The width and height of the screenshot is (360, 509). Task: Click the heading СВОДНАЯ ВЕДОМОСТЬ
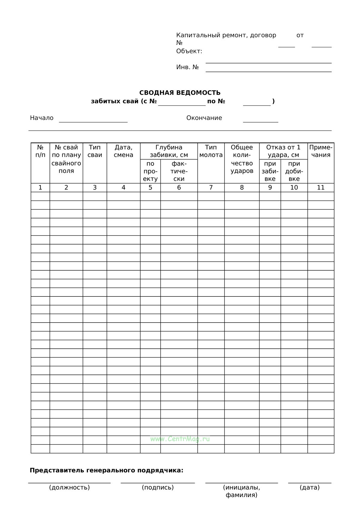point(180,93)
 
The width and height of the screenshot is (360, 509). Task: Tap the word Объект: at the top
point(189,51)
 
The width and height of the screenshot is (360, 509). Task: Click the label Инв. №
point(187,67)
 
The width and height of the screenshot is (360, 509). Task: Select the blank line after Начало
point(93,120)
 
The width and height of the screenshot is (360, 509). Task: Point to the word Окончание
point(204,118)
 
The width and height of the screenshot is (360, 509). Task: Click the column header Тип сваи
point(95,151)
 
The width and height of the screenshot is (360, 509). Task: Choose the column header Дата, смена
point(123,151)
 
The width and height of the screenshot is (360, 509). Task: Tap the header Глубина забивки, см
point(169,151)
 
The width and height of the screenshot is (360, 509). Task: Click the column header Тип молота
point(211,151)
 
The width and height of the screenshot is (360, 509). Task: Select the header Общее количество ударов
point(242,159)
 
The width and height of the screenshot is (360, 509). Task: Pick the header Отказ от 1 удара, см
point(283,151)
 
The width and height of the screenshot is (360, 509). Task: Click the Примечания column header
point(321,151)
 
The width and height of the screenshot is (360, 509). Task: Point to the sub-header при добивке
point(294,171)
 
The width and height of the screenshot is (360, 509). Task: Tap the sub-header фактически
point(179,171)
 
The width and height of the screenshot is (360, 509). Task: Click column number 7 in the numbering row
point(211,187)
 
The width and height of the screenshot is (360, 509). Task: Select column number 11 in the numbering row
point(321,187)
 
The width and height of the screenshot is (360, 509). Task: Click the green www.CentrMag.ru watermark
point(180,439)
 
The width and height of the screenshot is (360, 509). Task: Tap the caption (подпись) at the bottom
point(157,487)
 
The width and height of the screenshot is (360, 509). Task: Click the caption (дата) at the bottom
point(310,487)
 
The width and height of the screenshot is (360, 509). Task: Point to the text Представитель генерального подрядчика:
point(106,470)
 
